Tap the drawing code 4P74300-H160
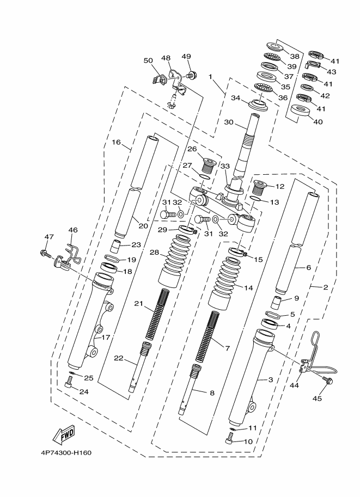[x=66, y=452]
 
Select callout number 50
[x=148, y=60]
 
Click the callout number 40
[x=318, y=122]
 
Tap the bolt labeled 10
[x=230, y=440]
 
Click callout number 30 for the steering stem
[x=228, y=122]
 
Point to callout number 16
[x=117, y=142]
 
